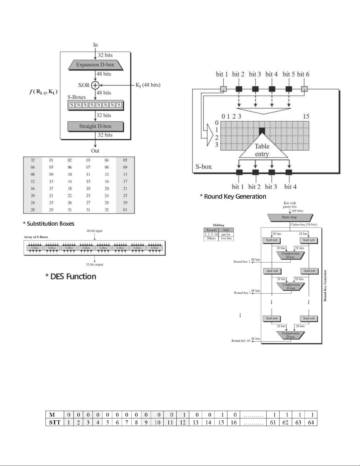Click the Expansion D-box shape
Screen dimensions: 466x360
95,65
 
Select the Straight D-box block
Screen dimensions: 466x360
95,126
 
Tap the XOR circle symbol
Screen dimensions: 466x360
95,85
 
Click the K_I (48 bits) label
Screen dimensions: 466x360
148,85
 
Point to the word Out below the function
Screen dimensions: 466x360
95,151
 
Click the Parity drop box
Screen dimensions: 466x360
289,217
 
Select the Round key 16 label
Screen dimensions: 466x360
241,341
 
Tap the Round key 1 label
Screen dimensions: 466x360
242,261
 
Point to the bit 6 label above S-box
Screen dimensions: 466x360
303,74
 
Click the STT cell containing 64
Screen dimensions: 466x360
311,422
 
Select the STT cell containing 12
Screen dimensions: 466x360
183,422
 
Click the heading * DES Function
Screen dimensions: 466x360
71,276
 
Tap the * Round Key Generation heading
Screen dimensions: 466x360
233,196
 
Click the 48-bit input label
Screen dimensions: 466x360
95,231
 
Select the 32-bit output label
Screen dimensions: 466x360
95,264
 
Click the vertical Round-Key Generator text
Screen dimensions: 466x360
325,285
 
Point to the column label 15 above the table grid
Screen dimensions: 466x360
306,116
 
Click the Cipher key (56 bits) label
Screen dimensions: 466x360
304,225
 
